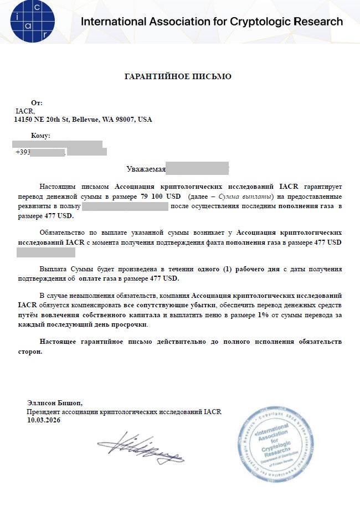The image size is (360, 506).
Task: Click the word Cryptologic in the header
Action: click(x=261, y=22)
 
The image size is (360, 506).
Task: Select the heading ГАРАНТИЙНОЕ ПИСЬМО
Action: click(x=177, y=76)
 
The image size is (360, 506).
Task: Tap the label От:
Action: click(x=37, y=104)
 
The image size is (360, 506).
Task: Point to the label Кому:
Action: click(x=41, y=136)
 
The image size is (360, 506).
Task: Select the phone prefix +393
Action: click(x=23, y=152)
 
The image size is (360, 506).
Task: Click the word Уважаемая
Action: click(x=145, y=169)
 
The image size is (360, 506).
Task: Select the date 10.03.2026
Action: click(x=44, y=420)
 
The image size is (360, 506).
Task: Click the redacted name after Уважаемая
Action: click(x=197, y=168)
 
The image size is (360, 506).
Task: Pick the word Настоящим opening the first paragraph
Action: click(x=58, y=187)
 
